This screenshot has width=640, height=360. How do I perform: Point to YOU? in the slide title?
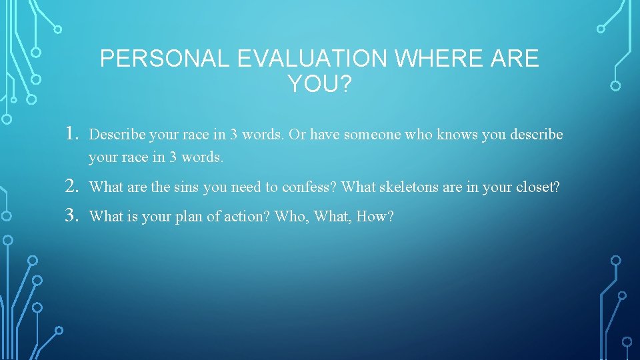(x=319, y=85)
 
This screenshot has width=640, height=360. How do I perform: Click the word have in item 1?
(x=325, y=135)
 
